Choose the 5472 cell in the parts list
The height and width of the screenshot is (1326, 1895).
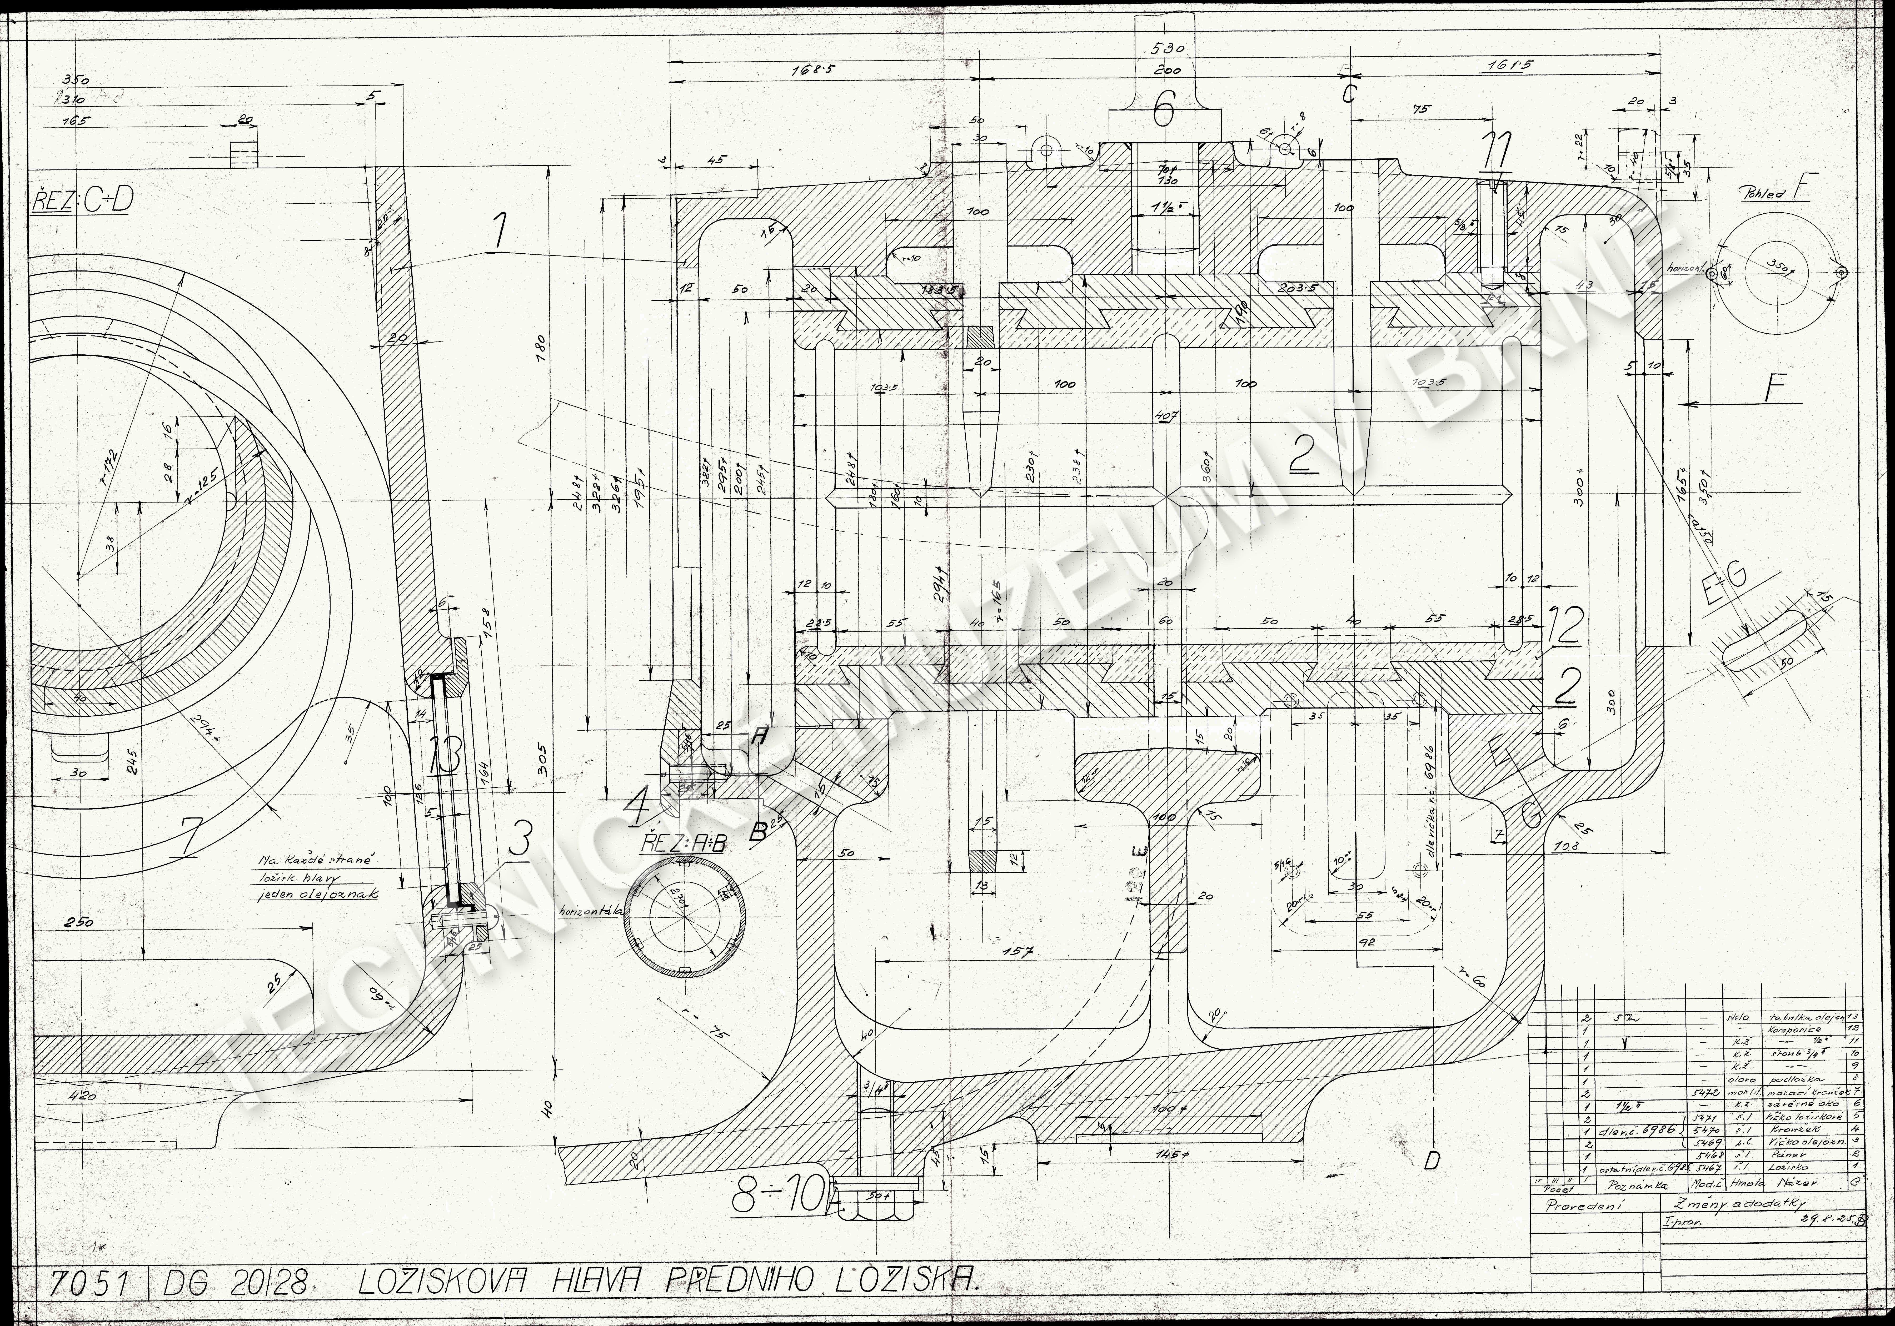(1699, 1091)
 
